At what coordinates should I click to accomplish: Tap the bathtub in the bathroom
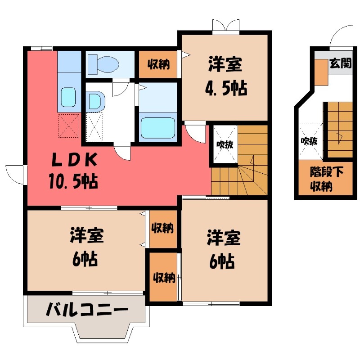coord(157,128)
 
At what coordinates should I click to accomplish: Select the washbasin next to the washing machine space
coord(95,101)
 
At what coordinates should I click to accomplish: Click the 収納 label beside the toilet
coord(158,64)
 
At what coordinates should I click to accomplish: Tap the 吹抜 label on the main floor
coord(224,145)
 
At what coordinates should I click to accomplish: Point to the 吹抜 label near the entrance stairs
coord(309,141)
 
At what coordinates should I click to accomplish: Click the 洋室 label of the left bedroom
coord(86,236)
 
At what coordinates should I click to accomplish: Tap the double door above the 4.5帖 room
coord(225,26)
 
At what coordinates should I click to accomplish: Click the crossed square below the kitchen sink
coord(69,126)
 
